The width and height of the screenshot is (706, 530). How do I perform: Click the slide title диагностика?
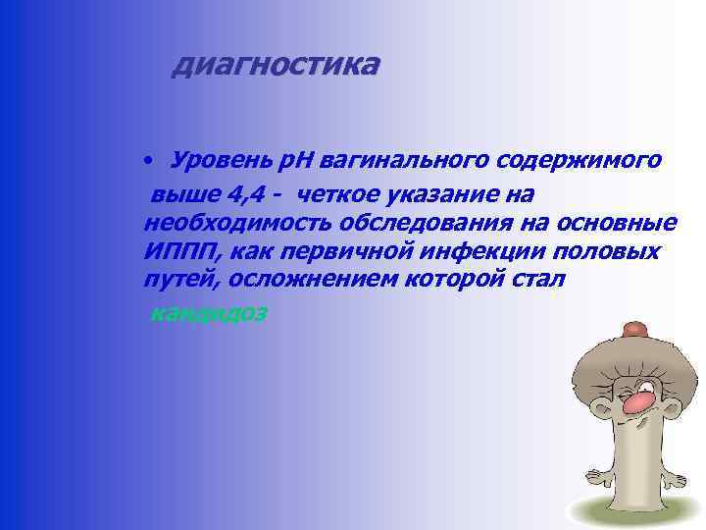click(274, 66)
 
